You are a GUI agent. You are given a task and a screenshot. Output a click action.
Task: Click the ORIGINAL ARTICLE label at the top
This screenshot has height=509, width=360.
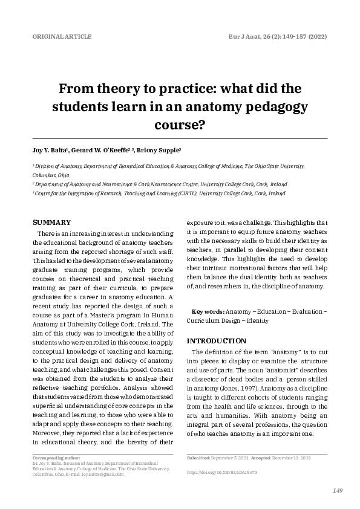pos(62,37)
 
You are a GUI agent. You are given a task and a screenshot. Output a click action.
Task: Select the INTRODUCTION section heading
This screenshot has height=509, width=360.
pos(217,340)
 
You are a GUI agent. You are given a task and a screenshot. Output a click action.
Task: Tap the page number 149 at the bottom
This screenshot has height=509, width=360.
pos(338,490)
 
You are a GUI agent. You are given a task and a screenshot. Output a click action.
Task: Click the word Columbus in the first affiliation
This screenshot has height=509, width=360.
pos(45,173)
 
